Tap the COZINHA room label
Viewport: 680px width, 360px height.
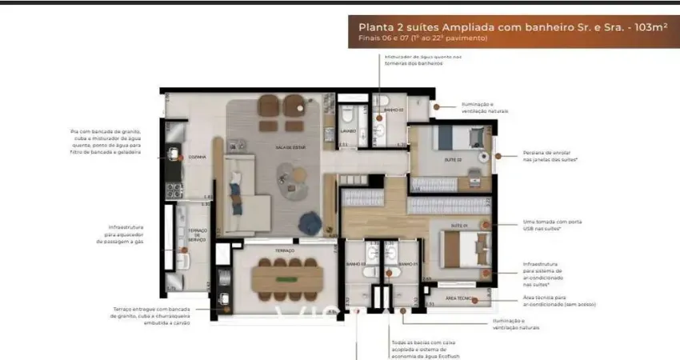[x=198, y=158]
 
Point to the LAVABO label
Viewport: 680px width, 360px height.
[x=346, y=130]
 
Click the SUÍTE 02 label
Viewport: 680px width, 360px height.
[x=453, y=159]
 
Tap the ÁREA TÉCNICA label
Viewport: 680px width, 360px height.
[x=458, y=298]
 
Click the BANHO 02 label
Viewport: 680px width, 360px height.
[x=392, y=110]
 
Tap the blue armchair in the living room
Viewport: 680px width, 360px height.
[x=308, y=223]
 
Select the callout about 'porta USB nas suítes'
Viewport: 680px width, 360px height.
[x=550, y=226]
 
